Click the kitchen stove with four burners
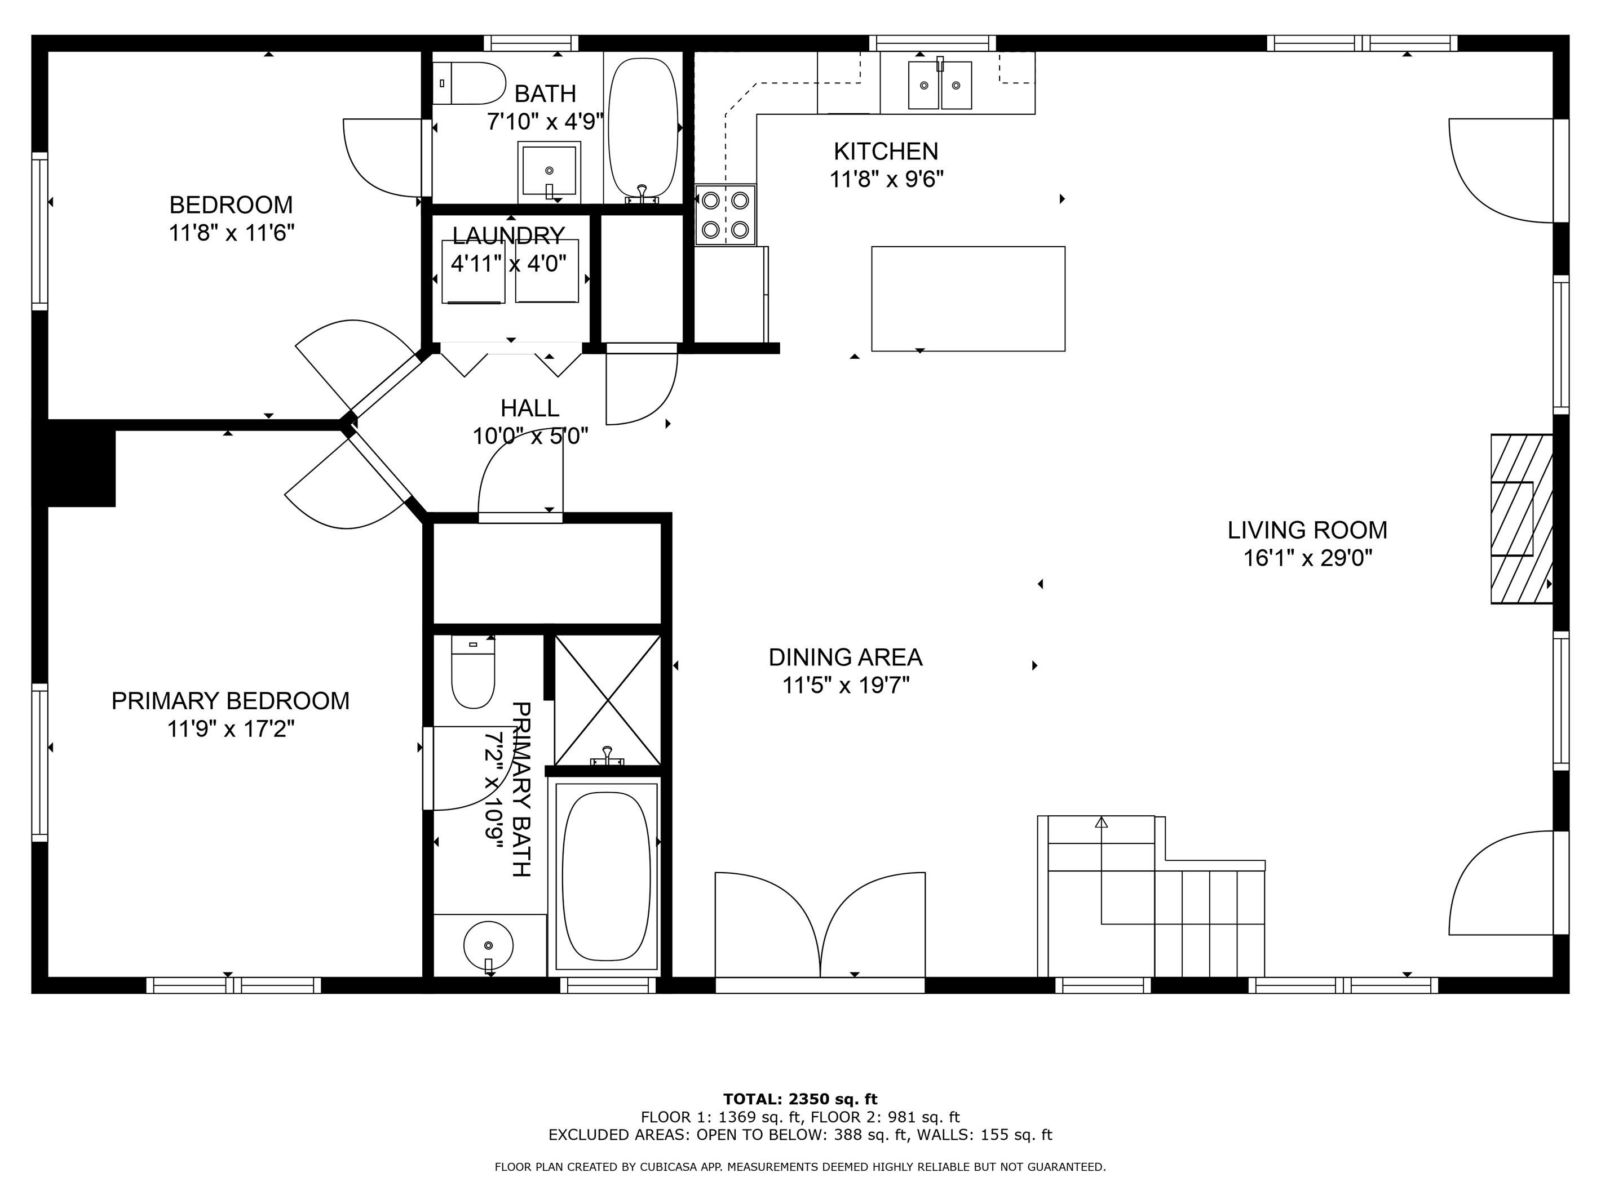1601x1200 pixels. (x=725, y=215)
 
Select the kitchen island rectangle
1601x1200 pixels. (x=968, y=299)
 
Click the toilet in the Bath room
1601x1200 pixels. (x=471, y=83)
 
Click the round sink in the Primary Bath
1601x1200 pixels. (x=489, y=945)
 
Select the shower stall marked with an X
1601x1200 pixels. (x=607, y=700)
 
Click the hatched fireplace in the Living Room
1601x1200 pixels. (x=1520, y=519)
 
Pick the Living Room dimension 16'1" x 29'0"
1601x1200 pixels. (x=1307, y=558)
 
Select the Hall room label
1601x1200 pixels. (x=530, y=408)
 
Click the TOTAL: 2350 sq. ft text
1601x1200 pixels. (x=800, y=1100)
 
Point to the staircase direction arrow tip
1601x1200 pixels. (x=1101, y=822)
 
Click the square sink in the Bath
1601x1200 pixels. (x=549, y=171)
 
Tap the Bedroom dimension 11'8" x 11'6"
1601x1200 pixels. (x=231, y=233)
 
